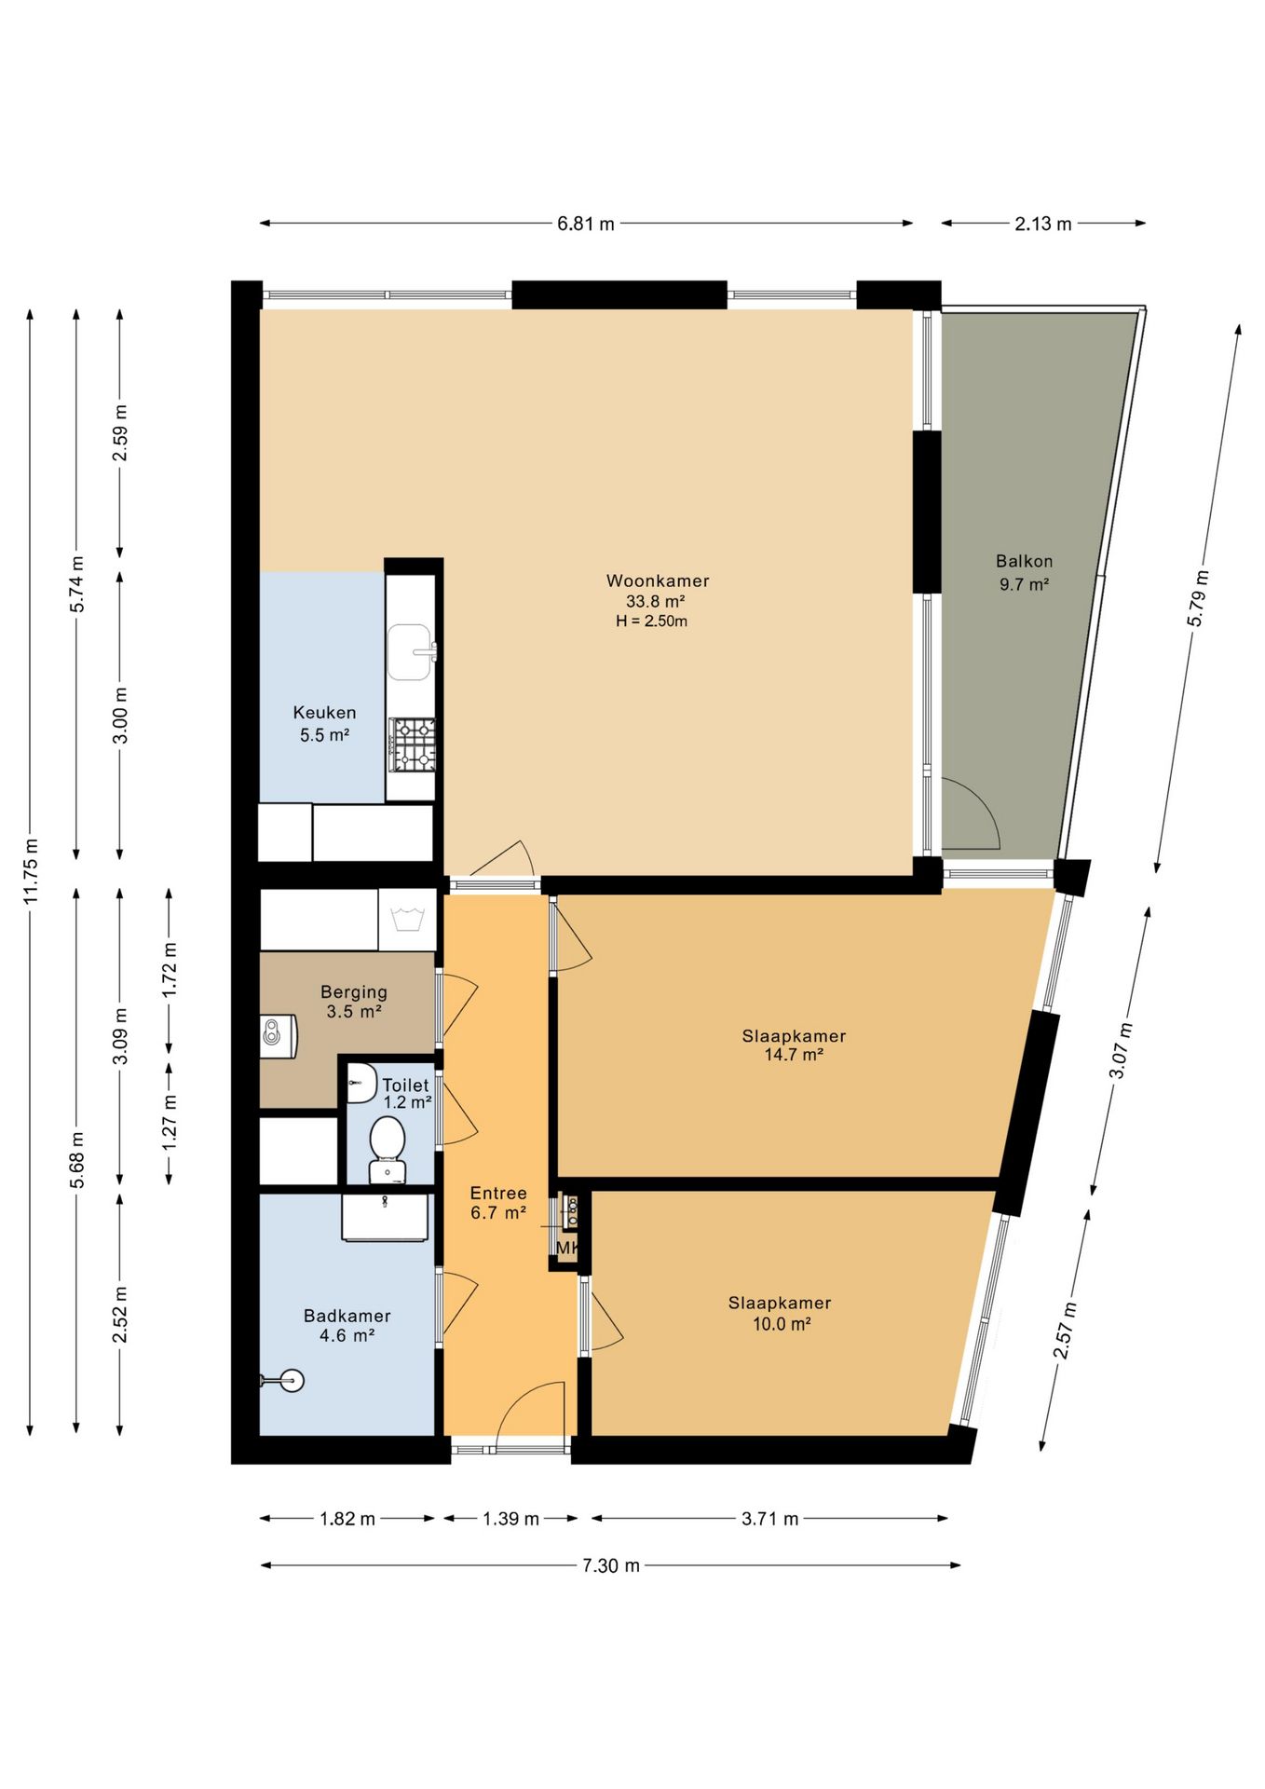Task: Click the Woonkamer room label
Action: (x=658, y=580)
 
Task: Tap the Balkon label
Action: (x=1024, y=561)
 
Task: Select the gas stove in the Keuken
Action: (x=412, y=744)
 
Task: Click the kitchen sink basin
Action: (x=410, y=652)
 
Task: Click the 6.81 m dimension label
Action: (x=586, y=224)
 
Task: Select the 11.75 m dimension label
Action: (x=31, y=871)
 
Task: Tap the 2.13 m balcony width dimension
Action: (x=1043, y=224)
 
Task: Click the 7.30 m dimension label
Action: (x=611, y=1565)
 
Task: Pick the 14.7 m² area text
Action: (x=794, y=1055)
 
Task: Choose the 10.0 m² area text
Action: (x=782, y=1324)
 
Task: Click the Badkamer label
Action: (x=347, y=1316)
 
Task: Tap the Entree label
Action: (x=498, y=1193)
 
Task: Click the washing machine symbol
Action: (x=407, y=920)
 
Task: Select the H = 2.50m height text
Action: (x=651, y=621)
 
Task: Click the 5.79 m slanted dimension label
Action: (x=1198, y=598)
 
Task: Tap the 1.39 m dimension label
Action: (x=510, y=1519)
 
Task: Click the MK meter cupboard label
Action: (x=567, y=1248)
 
